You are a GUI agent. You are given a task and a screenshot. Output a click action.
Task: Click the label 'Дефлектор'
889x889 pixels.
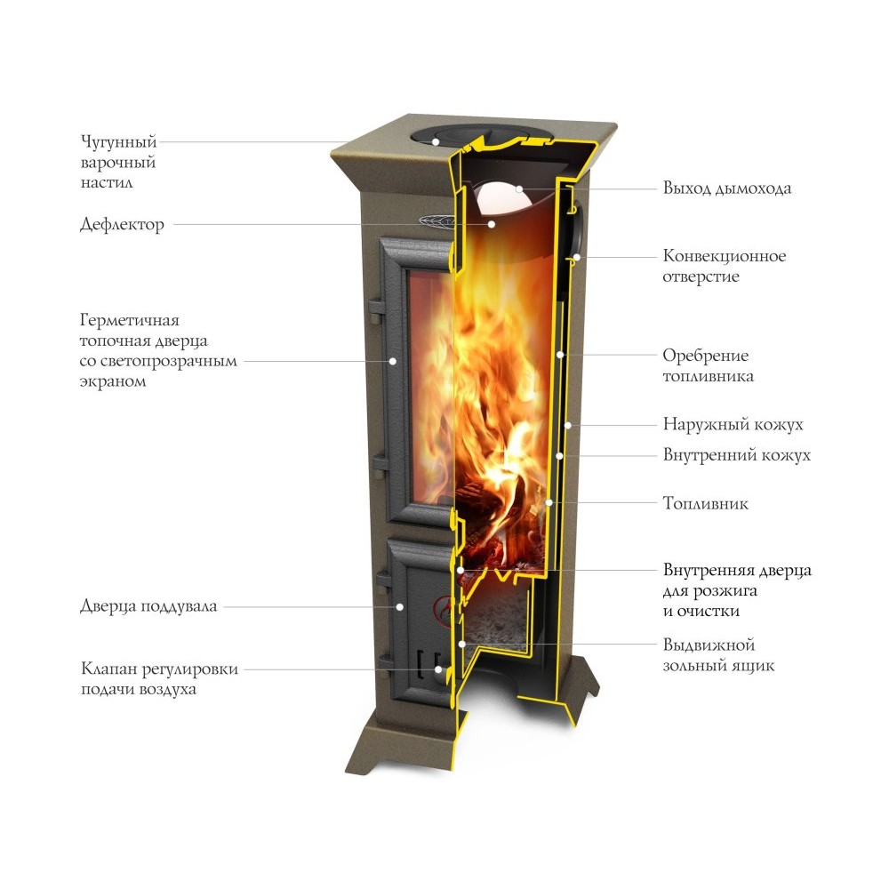[122, 225]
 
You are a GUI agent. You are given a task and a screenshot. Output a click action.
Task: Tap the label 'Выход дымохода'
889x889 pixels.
[727, 188]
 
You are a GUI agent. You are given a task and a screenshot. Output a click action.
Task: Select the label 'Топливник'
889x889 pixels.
[705, 503]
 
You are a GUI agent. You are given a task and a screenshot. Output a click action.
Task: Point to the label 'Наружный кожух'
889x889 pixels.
[733, 425]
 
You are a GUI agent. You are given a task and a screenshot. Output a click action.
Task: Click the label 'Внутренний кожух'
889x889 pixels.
[736, 455]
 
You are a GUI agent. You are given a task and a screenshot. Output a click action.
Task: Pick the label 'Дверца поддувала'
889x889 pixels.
[148, 606]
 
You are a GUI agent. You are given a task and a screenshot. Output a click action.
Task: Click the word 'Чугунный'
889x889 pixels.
[118, 141]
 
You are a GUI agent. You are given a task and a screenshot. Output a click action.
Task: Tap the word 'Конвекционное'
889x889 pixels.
[725, 256]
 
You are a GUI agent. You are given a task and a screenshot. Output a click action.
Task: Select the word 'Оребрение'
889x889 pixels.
[706, 356]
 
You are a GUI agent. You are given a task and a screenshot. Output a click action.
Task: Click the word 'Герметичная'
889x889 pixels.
[129, 320]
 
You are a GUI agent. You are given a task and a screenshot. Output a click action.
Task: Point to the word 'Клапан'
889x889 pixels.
[108, 669]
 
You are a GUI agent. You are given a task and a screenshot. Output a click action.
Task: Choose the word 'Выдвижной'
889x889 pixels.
[709, 645]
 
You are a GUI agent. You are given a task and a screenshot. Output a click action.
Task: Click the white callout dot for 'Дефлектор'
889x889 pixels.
[492, 225]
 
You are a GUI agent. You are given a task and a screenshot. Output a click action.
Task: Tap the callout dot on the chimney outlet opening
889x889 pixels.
[518, 188]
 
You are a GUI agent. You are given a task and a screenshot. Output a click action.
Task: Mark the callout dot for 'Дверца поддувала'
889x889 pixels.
[399, 606]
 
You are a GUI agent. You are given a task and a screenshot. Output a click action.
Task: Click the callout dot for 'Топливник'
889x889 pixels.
[549, 503]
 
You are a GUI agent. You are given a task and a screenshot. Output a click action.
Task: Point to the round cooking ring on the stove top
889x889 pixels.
[479, 136]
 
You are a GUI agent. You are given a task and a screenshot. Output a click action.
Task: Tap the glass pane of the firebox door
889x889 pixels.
[431, 386]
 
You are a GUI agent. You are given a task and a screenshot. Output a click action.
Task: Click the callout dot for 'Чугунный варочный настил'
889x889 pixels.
[436, 141]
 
